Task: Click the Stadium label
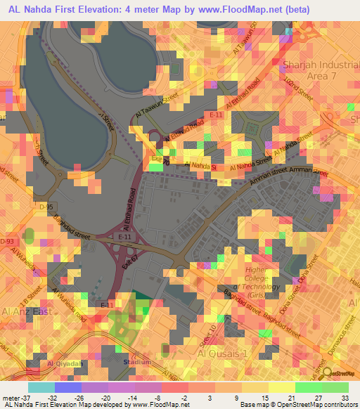pos(137,363)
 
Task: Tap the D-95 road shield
pos(46,207)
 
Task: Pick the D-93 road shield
pos(8,241)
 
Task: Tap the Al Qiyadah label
pos(62,364)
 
